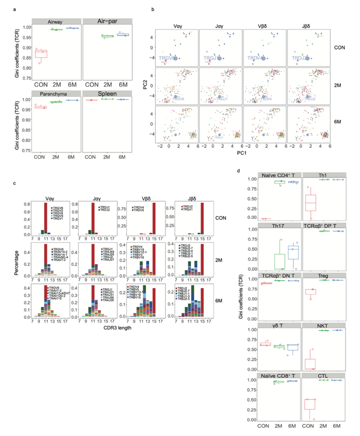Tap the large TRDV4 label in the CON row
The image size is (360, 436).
[x=256, y=58]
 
